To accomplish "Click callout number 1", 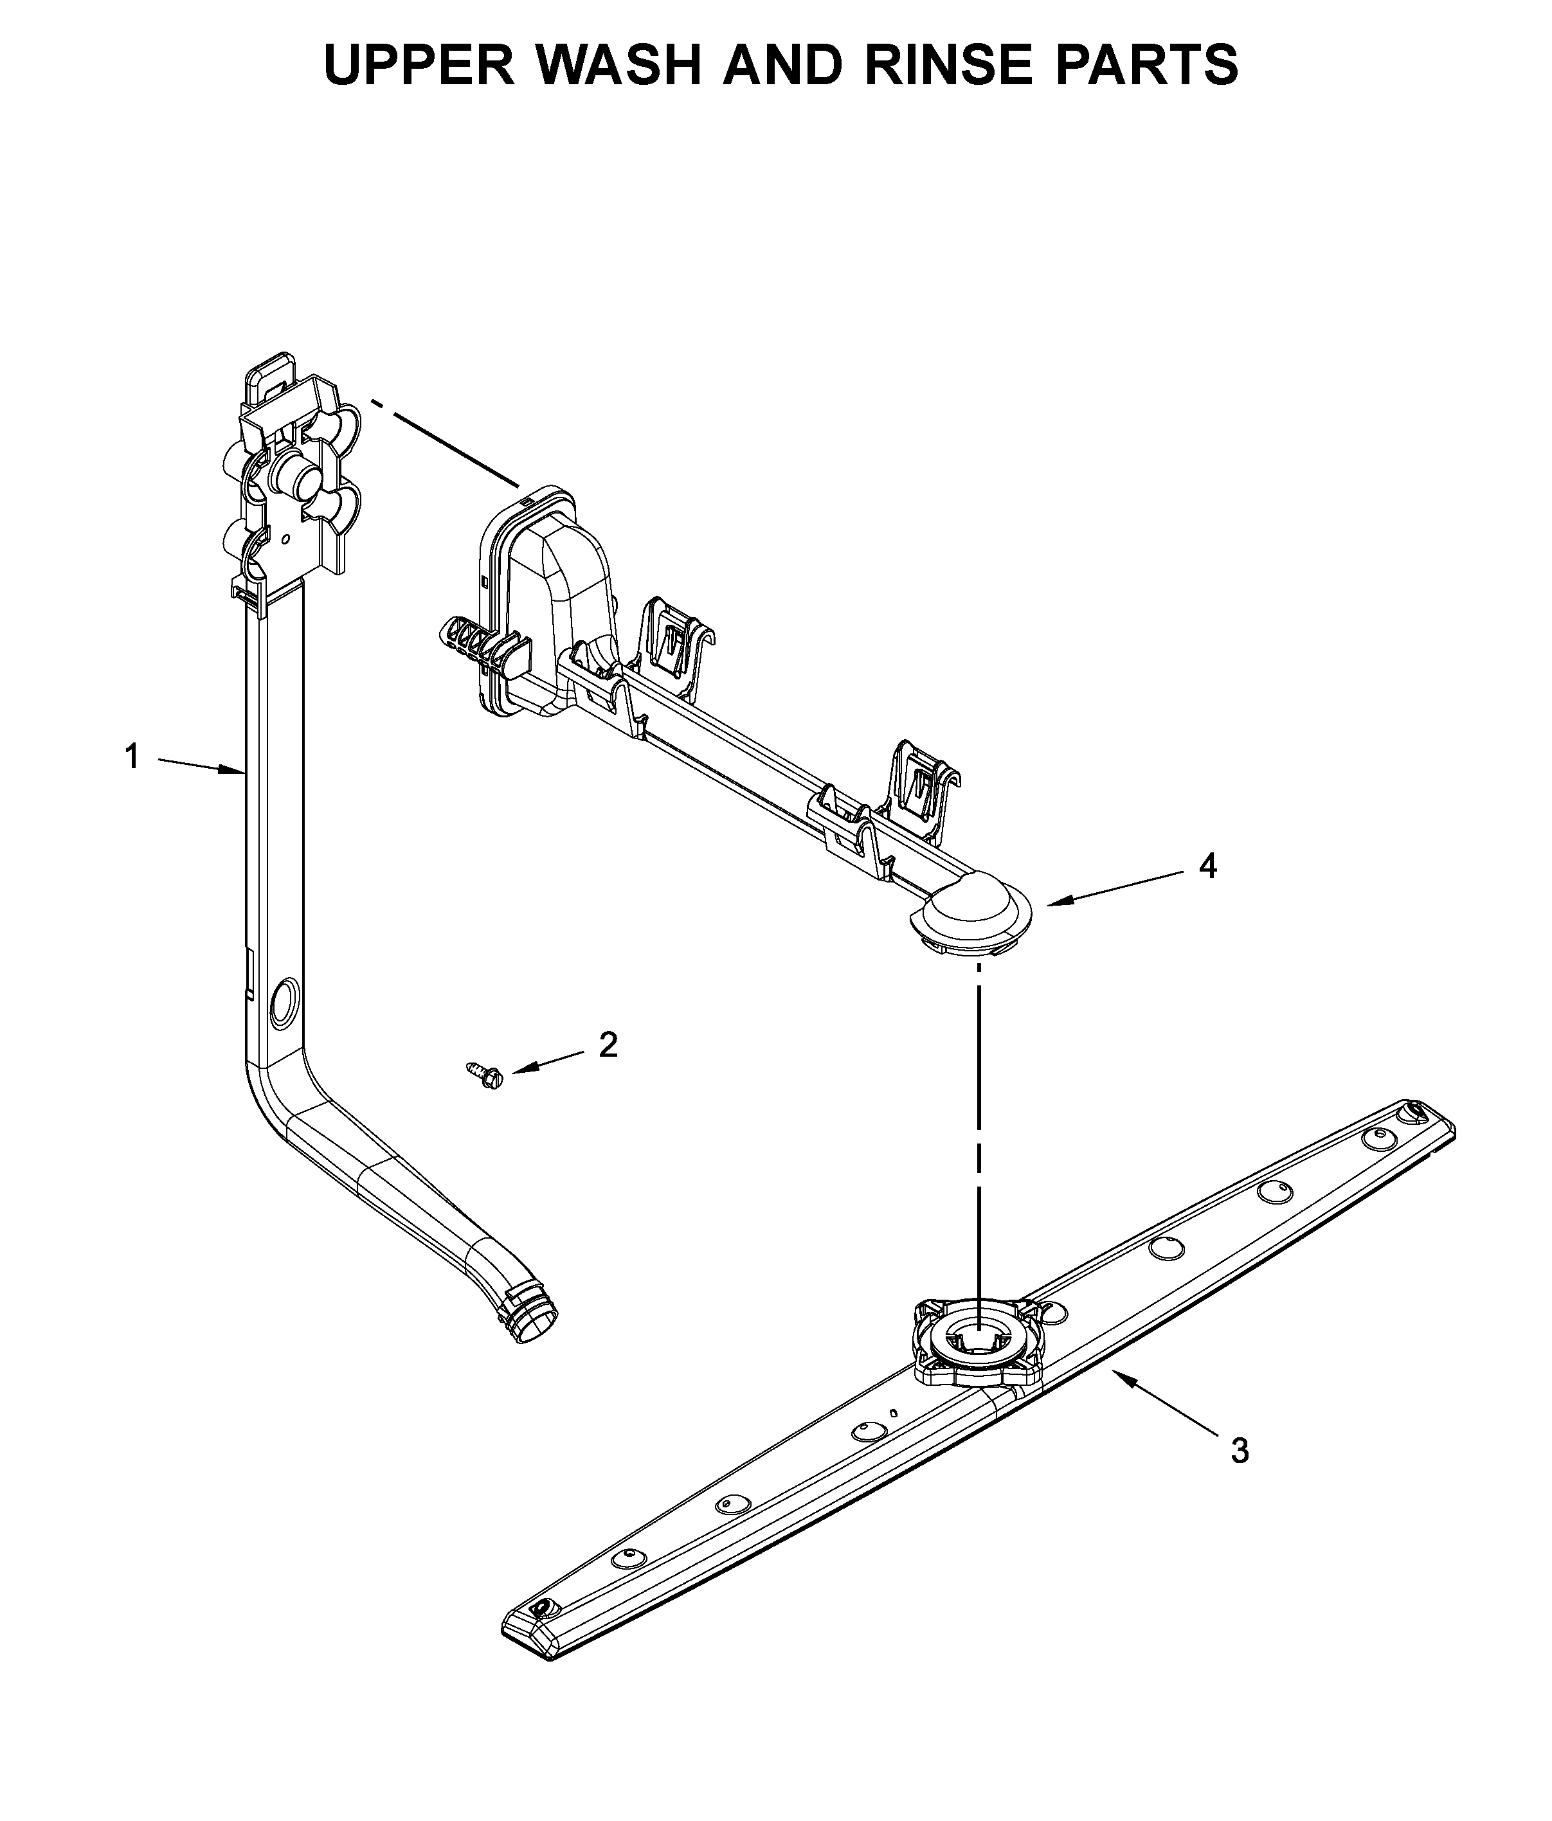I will click(x=132, y=757).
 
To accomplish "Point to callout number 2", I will click(x=608, y=1045).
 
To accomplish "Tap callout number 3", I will click(x=1239, y=1451).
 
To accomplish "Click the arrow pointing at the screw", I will click(x=546, y=1061).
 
